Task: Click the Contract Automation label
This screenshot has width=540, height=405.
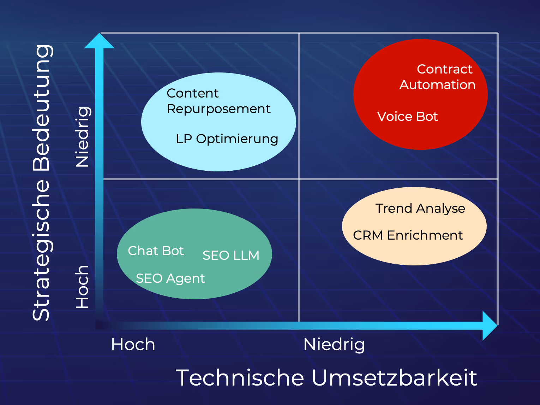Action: [x=438, y=77]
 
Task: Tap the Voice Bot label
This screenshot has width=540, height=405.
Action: [x=407, y=117]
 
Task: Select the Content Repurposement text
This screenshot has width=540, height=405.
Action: [x=218, y=101]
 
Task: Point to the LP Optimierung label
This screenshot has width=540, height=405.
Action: [x=227, y=139]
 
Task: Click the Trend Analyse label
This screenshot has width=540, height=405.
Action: [x=420, y=209]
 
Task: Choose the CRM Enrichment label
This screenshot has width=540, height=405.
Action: [x=408, y=235]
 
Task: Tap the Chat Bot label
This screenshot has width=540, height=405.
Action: [x=156, y=251]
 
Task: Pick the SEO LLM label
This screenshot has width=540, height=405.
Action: [x=231, y=256]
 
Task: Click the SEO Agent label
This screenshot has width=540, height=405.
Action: [x=170, y=278]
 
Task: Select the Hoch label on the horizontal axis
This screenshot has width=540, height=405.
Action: [x=133, y=345]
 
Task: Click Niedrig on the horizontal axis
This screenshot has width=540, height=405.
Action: [x=334, y=345]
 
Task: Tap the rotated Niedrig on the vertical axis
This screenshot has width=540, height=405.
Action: [x=83, y=136]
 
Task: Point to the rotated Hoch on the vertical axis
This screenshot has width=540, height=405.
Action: [x=82, y=287]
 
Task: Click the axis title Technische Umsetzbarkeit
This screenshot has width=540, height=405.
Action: [x=326, y=378]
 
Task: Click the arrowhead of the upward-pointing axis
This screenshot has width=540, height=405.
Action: [x=99, y=41]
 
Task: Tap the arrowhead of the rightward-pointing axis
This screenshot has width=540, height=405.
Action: [x=490, y=325]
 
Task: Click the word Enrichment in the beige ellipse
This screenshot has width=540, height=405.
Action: [x=425, y=235]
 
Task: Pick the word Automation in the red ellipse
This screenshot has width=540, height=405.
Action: [x=438, y=85]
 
